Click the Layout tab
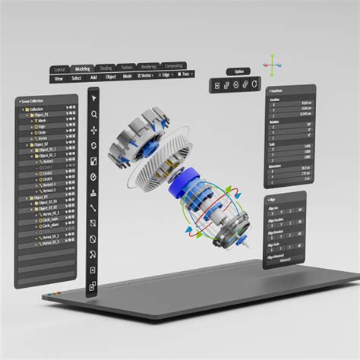pos(61,69)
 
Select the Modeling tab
pos(82,68)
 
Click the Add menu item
pos(93,78)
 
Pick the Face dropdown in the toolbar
pos(183,75)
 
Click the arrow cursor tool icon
pos(93,97)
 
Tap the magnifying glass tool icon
pos(93,114)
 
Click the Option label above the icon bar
pos(239,72)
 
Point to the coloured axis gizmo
pos(271,62)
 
